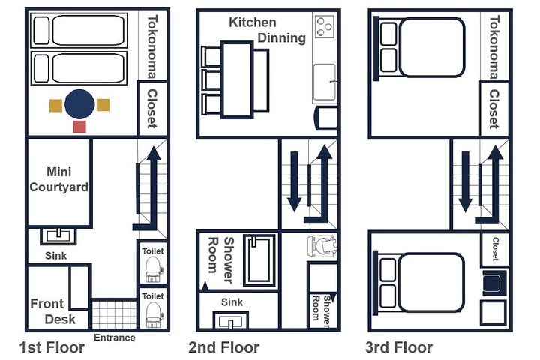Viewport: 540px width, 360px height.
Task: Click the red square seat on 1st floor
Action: click(79, 127)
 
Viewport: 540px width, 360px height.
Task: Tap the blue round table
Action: click(79, 104)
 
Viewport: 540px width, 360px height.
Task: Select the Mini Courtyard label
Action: click(59, 179)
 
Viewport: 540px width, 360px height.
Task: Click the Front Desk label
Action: click(52, 311)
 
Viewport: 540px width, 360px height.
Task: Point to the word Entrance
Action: click(114, 337)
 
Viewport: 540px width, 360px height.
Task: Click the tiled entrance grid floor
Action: click(114, 314)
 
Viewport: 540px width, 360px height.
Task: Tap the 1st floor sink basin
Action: click(58, 235)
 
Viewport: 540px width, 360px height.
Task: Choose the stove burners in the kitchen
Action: click(324, 26)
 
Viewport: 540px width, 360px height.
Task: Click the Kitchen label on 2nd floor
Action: click(253, 22)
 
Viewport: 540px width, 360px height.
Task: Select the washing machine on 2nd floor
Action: click(321, 246)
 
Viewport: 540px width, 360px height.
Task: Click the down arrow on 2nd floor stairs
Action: click(295, 181)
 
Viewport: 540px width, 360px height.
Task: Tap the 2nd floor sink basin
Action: click(230, 320)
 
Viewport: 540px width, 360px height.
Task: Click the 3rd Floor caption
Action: click(399, 347)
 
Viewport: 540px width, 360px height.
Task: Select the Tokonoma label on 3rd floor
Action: click(494, 46)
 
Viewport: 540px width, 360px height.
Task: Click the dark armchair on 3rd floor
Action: click(493, 283)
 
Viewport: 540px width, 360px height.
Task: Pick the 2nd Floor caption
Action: click(223, 347)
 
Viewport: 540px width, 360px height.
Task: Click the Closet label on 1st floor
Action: click(151, 109)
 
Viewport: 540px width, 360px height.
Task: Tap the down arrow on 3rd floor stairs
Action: click(465, 181)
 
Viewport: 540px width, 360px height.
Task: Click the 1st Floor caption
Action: click(52, 347)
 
